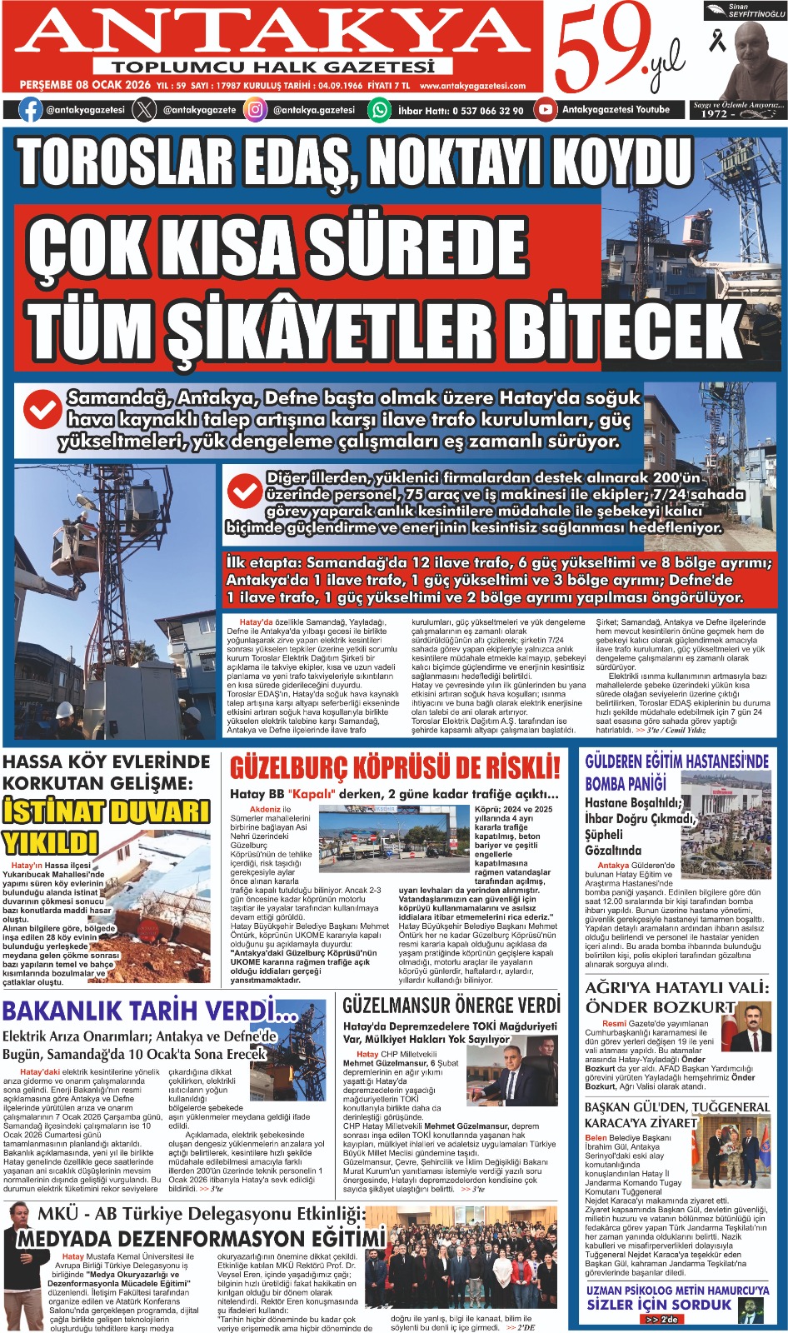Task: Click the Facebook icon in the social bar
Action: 30,109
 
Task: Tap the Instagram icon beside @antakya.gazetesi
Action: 256,109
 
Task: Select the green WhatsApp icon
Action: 380,109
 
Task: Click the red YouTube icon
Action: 545,109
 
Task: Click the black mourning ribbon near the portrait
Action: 717,41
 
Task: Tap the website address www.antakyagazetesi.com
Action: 472,85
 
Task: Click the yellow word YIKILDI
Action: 51,842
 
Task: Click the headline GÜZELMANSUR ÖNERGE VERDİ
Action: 451,1006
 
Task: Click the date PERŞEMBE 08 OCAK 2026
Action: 85,85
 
